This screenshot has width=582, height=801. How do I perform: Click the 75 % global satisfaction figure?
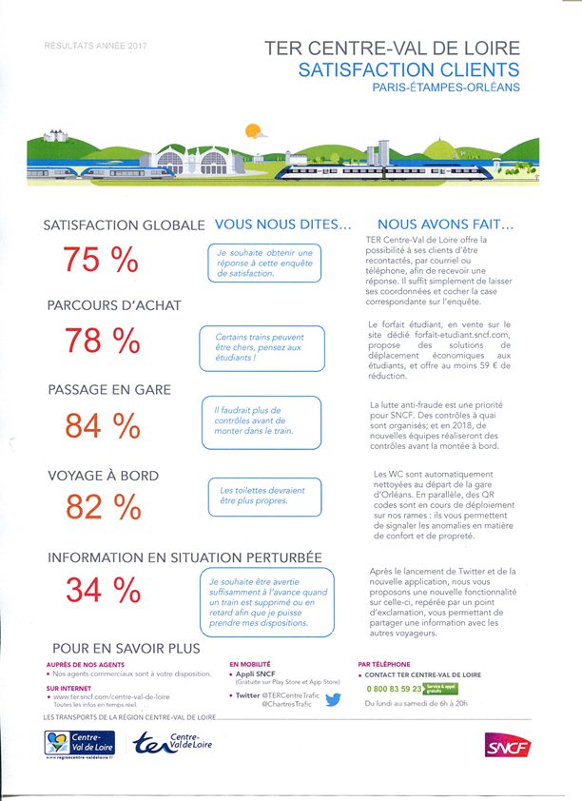point(101,260)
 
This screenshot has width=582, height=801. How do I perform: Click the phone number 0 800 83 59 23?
point(395,687)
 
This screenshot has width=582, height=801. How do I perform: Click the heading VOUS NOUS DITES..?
point(283,225)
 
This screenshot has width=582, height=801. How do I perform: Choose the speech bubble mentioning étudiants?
point(262,347)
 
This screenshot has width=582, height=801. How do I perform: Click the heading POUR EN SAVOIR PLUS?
point(126,648)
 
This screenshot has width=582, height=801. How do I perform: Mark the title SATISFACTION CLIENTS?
point(409,69)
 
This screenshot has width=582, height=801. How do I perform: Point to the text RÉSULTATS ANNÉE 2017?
point(96,45)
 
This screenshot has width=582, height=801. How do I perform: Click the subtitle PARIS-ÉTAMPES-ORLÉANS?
point(446,88)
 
